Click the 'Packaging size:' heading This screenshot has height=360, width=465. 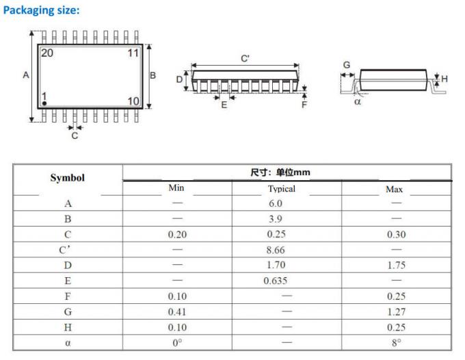pyautogui.click(x=42, y=10)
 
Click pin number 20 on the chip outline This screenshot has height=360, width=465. pyautogui.click(x=48, y=52)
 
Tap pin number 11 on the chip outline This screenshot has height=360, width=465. pyautogui.click(x=133, y=52)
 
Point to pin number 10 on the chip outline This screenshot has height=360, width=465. pyautogui.click(x=133, y=101)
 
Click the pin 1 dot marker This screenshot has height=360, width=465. pyautogui.click(x=44, y=103)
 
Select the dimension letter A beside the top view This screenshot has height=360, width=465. pyautogui.click(x=26, y=75)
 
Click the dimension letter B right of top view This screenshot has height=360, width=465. pyautogui.click(x=153, y=75)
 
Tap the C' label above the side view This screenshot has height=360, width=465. pyautogui.click(x=245, y=59)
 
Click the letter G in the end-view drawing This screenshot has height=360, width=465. pyautogui.click(x=346, y=65)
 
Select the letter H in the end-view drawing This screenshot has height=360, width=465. pyautogui.click(x=444, y=79)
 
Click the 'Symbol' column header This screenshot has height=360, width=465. pyautogui.click(x=68, y=178)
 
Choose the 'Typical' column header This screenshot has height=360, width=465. pyautogui.click(x=281, y=188)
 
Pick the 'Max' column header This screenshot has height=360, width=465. pyautogui.click(x=395, y=188)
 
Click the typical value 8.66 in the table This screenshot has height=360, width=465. pyautogui.click(x=275, y=250)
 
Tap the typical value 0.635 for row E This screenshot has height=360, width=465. pyautogui.click(x=277, y=281)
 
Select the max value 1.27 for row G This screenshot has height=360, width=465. pyautogui.click(x=396, y=311)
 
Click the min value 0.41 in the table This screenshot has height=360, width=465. pyautogui.click(x=177, y=311)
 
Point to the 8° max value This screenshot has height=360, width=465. pyautogui.click(x=396, y=343)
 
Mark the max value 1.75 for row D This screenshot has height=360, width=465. pyautogui.click(x=396, y=266)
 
